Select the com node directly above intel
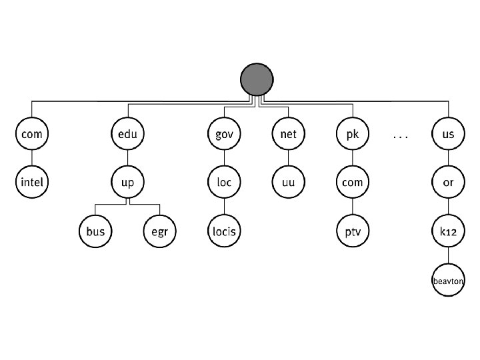tap(32, 134)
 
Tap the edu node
tap(127, 134)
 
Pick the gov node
tap(224, 134)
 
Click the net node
tap(288, 134)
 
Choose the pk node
tap(352, 134)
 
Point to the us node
tap(448, 134)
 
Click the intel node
tap(32, 182)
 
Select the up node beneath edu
tap(127, 182)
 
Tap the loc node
tap(224, 182)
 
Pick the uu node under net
tap(288, 182)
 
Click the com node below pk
tap(352, 182)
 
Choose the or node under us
tap(448, 182)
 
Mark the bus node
tap(95, 231)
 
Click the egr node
tap(159, 231)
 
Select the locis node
tap(224, 231)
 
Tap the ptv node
tap(352, 231)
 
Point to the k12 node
tap(448, 231)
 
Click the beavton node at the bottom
tap(448, 281)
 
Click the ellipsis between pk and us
tap(400, 135)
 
